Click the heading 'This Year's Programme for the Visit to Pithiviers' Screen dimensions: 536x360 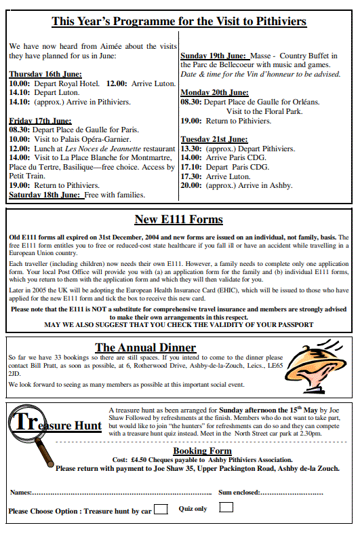click(179, 22)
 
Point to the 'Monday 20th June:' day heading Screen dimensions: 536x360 click(214, 92)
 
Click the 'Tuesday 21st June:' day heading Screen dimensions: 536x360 click(214, 139)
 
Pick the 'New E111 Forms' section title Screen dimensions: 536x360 click(178, 219)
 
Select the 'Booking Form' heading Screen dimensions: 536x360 click(202, 451)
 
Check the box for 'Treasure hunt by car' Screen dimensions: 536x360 click(161, 510)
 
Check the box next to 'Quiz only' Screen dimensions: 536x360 click(226, 508)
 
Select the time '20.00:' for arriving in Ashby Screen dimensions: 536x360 click(191, 185)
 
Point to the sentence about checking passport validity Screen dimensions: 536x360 click(179, 325)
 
